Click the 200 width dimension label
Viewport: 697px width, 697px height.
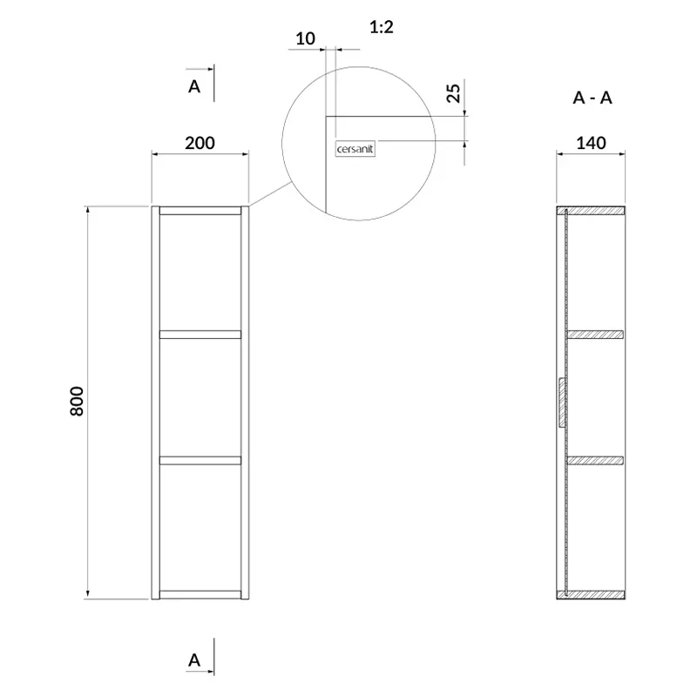pyautogui.click(x=200, y=143)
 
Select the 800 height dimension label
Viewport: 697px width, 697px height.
pyautogui.click(x=77, y=401)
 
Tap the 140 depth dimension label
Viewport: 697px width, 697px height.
pyautogui.click(x=591, y=143)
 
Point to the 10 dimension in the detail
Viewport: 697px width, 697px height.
pyautogui.click(x=306, y=38)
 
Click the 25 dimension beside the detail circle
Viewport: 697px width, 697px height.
pyautogui.click(x=453, y=93)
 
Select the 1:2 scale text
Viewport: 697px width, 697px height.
pyautogui.click(x=382, y=27)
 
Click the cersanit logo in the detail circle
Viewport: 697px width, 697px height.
pyautogui.click(x=355, y=149)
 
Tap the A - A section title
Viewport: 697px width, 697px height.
pyautogui.click(x=592, y=98)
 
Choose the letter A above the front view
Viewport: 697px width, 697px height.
pyautogui.click(x=194, y=86)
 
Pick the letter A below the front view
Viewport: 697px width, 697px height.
pyautogui.click(x=194, y=660)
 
